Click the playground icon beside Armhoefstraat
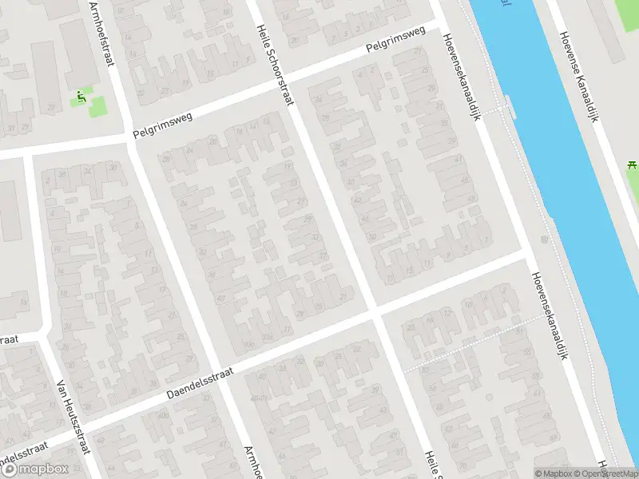pos(80,98)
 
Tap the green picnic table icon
pos(631,166)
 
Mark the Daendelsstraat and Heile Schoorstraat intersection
pos(375,312)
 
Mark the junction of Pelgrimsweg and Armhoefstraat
pos(128,139)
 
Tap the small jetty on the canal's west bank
pos(508,106)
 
